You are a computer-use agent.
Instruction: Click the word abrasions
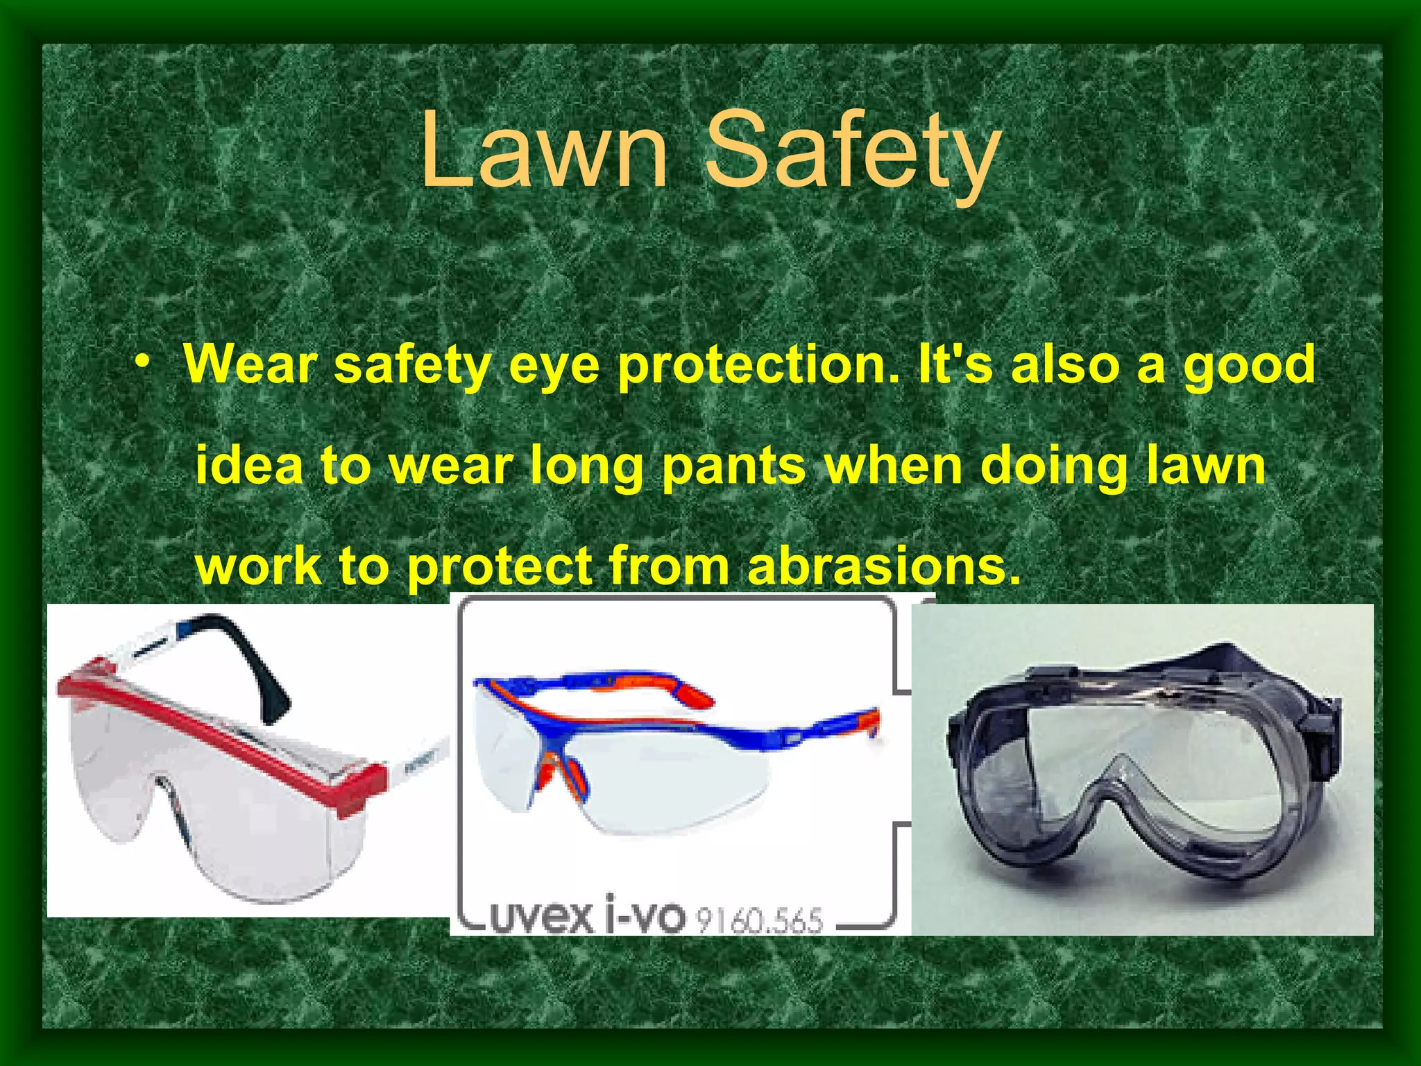884,567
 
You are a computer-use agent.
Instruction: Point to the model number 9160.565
760,920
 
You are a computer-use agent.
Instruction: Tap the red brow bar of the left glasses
222,729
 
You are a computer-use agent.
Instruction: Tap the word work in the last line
259,567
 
